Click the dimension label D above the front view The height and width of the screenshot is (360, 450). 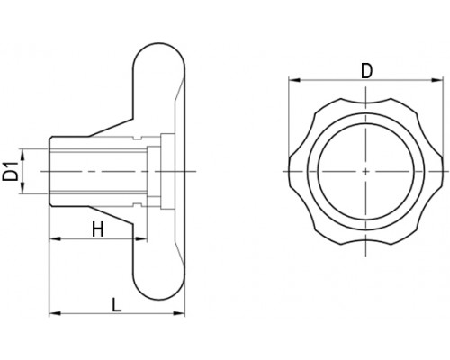[x=366, y=71]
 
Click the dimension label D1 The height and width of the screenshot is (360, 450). [x=10, y=171]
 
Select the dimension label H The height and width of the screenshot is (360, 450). [x=97, y=229]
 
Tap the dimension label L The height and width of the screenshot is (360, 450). [x=116, y=304]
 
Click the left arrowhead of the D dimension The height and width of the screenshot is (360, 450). [x=294, y=80]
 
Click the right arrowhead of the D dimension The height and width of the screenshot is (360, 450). [x=437, y=80]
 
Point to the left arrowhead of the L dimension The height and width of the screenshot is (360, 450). [x=55, y=313]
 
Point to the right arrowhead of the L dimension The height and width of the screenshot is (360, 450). [x=179, y=313]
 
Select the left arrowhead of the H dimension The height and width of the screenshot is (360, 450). [x=55, y=238]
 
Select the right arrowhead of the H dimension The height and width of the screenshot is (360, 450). [x=141, y=238]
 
